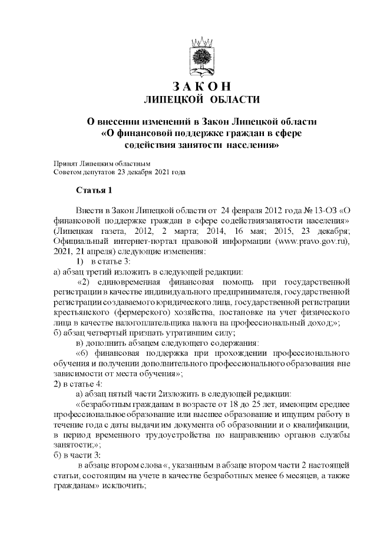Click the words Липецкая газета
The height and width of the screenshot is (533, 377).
click(86, 231)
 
